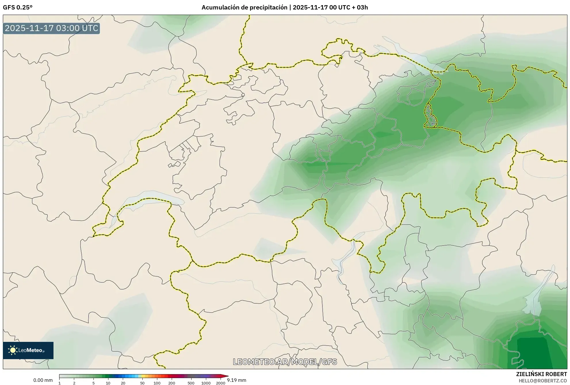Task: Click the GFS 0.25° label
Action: point(18,7)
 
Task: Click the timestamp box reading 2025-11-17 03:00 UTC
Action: point(51,28)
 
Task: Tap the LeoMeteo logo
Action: point(28,350)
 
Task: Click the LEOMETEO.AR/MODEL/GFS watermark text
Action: point(285,362)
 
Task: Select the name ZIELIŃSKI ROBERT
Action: point(541,374)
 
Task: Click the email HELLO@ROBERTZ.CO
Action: point(543,381)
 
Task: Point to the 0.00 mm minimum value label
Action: point(43,380)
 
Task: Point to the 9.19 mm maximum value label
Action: point(237,380)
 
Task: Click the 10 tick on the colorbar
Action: point(108,383)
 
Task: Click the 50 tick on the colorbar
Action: point(142,383)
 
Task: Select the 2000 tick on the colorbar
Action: point(221,383)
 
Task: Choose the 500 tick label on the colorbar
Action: point(191,383)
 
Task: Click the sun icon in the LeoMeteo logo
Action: point(13,350)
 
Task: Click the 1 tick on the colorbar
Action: point(60,383)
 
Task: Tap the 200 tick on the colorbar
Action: point(172,383)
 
